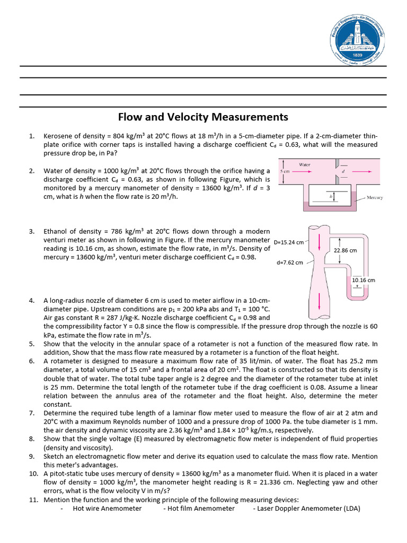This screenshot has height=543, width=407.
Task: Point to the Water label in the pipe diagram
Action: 305,165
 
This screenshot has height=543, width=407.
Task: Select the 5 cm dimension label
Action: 284,172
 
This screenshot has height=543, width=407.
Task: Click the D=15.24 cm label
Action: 289,242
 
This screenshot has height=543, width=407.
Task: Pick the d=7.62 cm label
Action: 290,262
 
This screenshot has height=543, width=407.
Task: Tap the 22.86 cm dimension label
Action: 346,250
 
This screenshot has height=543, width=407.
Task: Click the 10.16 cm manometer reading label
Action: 364,280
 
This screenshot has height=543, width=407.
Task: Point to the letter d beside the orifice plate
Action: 343,172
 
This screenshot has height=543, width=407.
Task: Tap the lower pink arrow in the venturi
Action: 319,303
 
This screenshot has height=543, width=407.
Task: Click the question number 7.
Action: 31,413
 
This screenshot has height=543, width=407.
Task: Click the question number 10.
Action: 33,474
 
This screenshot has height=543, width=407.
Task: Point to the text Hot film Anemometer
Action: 201,508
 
